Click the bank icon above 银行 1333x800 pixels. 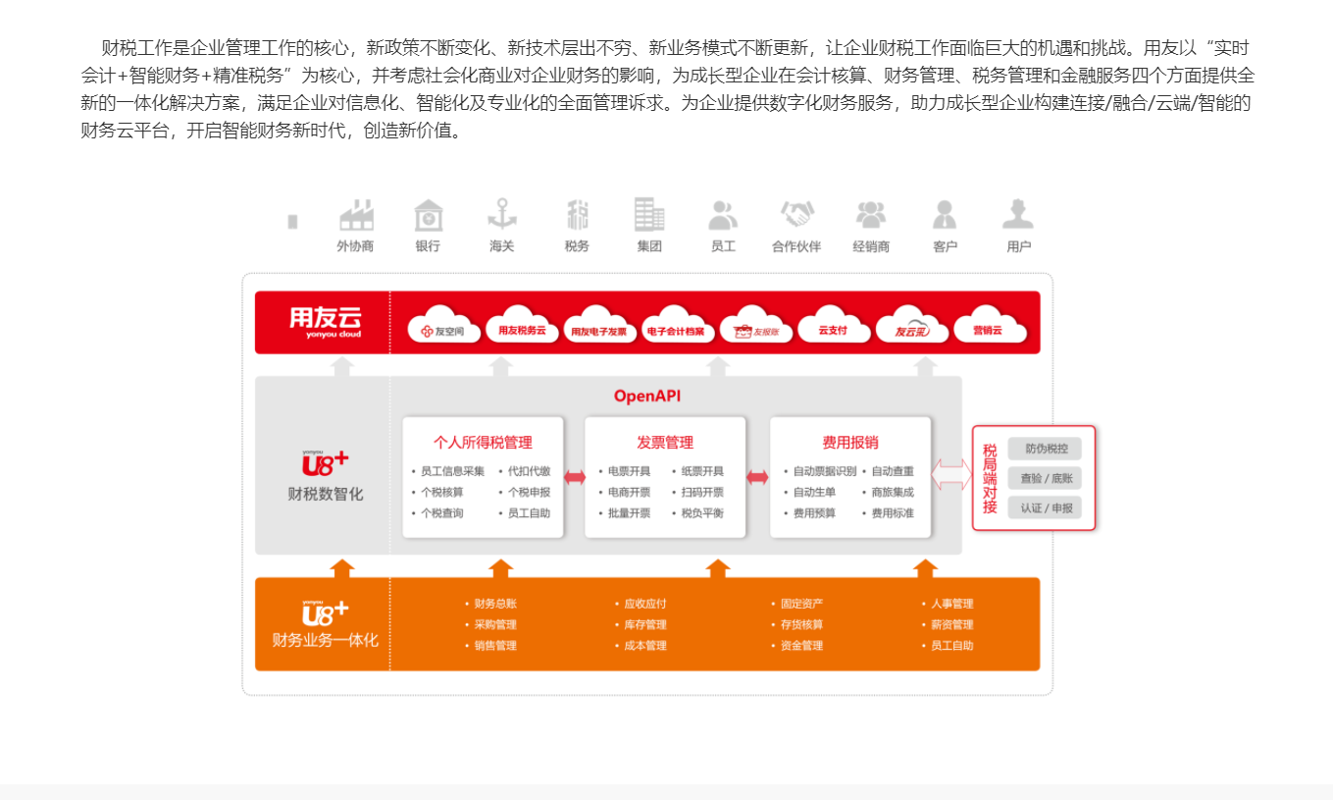coord(428,215)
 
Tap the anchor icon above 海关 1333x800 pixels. coord(502,214)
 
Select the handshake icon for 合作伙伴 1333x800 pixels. coord(796,214)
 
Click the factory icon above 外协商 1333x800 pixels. coord(356,215)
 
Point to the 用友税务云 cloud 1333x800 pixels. coord(522,331)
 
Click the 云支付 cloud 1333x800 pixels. coord(832,331)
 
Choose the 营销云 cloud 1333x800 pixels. coord(988,331)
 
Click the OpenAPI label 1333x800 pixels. coord(647,397)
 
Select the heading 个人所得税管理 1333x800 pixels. coord(483,443)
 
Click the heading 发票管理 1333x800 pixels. coord(665,443)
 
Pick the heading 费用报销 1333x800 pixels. coord(850,443)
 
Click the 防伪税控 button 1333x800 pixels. coord(1045,449)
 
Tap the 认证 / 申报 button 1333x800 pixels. coord(1045,507)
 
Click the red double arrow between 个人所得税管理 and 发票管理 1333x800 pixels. coord(575,477)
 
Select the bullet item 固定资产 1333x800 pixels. coord(801,604)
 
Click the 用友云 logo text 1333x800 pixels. coord(325,318)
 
